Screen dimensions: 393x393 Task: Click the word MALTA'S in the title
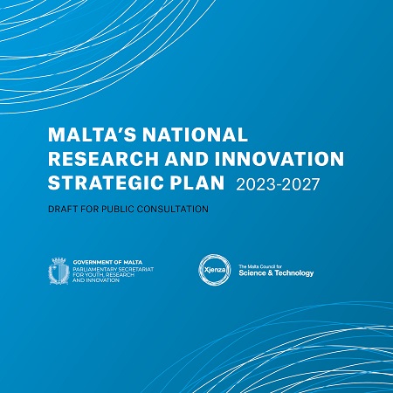(92, 134)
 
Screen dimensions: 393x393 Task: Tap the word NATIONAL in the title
(195, 134)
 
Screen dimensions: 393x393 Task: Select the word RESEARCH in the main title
(103, 159)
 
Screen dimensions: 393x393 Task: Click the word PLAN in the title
(197, 183)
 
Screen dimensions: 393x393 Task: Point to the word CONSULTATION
(173, 209)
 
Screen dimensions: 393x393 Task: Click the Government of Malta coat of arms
(59, 271)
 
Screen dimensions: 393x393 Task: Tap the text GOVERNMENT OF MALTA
(107, 262)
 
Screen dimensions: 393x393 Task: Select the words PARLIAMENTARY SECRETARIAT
(113, 270)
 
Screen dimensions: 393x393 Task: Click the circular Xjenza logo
(215, 270)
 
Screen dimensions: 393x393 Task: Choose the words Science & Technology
(276, 273)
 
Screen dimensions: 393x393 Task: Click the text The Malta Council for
(260, 266)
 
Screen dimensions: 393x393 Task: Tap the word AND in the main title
(187, 159)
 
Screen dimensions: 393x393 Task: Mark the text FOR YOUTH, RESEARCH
(103, 275)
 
